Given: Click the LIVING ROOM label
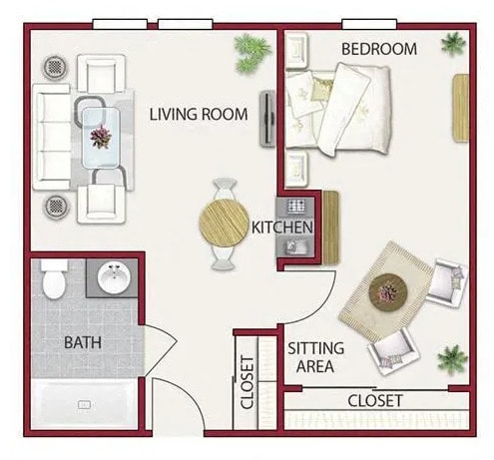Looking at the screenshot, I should point(198,113).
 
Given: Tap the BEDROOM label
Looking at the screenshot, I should point(378,48).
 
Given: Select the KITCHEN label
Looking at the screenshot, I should point(282,228).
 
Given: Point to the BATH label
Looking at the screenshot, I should point(82,342).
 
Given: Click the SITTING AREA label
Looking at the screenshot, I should point(316,357).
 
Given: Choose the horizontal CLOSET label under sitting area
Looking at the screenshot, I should point(375,400).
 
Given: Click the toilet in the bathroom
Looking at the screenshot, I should point(55,279).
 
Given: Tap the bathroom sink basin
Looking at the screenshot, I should point(115,276).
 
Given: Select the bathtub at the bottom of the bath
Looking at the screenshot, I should point(85,405).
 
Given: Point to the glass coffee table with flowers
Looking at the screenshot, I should point(100,137).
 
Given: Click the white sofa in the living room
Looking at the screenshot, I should point(51,137).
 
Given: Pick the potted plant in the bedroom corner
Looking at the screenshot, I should point(453,42).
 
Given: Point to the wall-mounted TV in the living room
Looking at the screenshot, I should point(267,120).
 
